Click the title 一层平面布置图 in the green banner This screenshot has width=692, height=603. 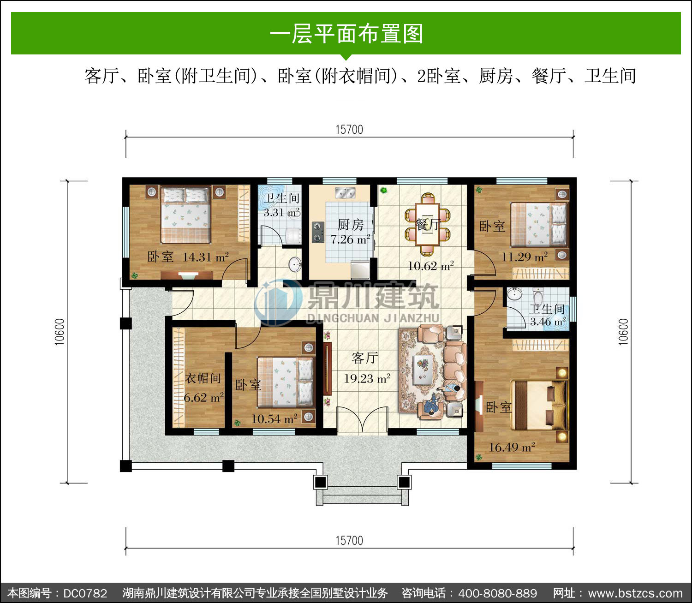click(346, 34)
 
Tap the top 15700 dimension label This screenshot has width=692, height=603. click(349, 130)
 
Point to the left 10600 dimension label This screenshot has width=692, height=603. click(60, 332)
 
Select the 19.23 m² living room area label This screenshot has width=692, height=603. click(367, 378)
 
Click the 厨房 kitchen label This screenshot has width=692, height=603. click(351, 225)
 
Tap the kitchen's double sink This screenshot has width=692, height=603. click(345, 193)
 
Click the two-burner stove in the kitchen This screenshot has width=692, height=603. click(317, 232)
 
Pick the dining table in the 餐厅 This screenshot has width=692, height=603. click(428, 224)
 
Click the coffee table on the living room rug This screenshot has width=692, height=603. click(422, 369)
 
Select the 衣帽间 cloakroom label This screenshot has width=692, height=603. click(203, 378)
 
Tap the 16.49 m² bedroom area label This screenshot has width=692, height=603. click(512, 447)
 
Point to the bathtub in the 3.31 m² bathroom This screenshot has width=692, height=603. click(271, 197)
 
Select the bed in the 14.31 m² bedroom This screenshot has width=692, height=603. click(185, 215)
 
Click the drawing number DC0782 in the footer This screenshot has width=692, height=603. click(85, 593)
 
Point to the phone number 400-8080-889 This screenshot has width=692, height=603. click(497, 593)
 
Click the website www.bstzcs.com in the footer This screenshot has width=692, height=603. click(635, 593)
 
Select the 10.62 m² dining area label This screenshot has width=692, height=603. click(430, 266)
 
